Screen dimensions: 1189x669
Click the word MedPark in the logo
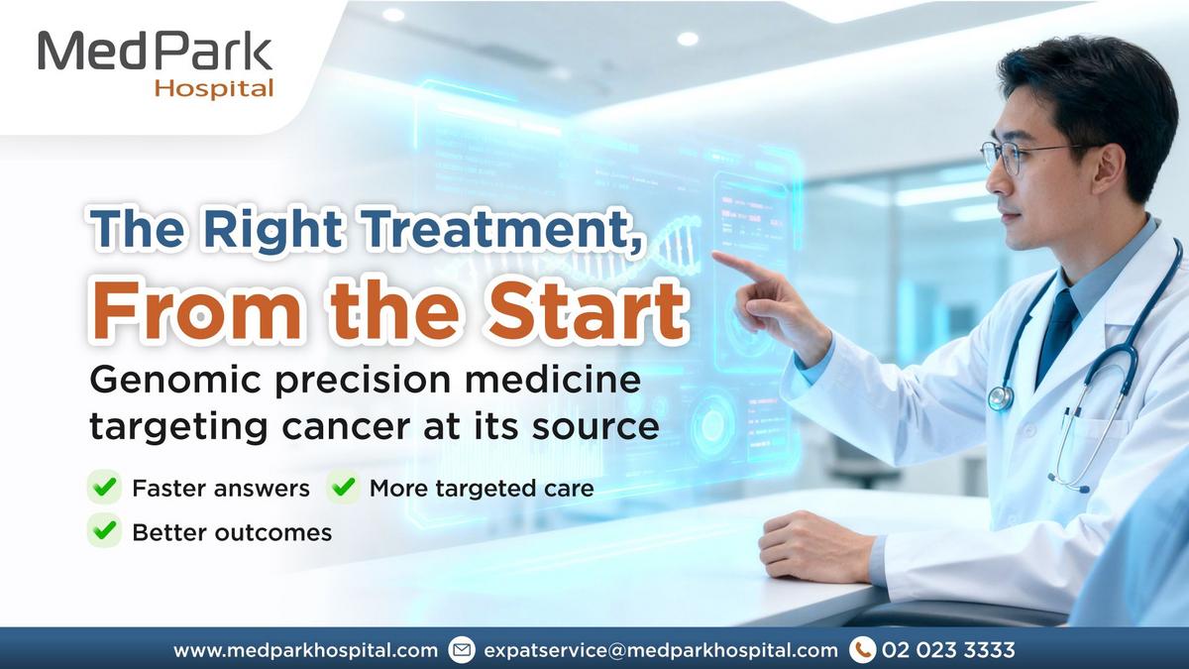click(155, 51)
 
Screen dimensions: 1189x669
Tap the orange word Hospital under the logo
click(214, 88)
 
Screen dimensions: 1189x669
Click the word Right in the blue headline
click(272, 229)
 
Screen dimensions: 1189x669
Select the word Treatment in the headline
click(501, 228)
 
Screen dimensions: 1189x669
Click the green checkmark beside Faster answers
click(105, 487)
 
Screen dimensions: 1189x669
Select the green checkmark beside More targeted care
click(344, 487)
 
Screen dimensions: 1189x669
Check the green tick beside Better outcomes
click(105, 530)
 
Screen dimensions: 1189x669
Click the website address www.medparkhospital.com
click(305, 650)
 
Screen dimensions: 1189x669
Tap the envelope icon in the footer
click(462, 650)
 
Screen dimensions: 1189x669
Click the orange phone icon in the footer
click(863, 650)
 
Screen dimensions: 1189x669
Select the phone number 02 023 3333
click(948, 650)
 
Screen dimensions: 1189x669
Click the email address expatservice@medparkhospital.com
click(661, 650)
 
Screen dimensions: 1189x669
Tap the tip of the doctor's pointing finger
click(714, 255)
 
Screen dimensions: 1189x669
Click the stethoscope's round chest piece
click(1001, 397)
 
